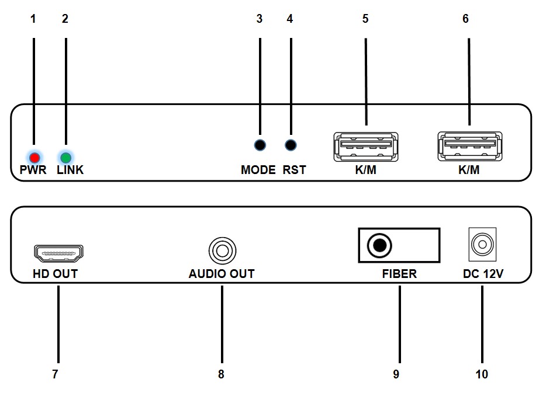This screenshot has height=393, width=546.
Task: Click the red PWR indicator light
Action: pyautogui.click(x=34, y=158)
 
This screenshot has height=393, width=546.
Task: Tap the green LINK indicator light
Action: pyautogui.click(x=65, y=158)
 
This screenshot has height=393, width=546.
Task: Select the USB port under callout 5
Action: pyautogui.click(x=365, y=147)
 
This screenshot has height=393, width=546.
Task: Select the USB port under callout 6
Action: pyautogui.click(x=470, y=147)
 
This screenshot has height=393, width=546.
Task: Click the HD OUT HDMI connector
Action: pyautogui.click(x=59, y=253)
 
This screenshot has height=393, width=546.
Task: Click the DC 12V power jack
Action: pyautogui.click(x=482, y=244)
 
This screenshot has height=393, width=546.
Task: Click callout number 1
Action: pyautogui.click(x=33, y=19)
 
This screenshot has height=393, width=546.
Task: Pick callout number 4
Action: pyautogui.click(x=289, y=19)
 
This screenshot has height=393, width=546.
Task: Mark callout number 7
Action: pyautogui.click(x=56, y=374)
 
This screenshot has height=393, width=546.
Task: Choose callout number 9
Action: pyautogui.click(x=396, y=374)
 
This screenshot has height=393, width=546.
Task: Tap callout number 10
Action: pyautogui.click(x=482, y=374)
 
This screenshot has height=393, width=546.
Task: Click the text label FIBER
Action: pyautogui.click(x=399, y=274)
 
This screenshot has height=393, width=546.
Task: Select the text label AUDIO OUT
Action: pyautogui.click(x=222, y=274)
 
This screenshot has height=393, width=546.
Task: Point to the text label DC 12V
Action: pyautogui.click(x=482, y=274)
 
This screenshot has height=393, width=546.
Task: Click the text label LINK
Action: pyautogui.click(x=70, y=171)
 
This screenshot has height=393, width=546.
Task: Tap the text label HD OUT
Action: pyautogui.click(x=56, y=274)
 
